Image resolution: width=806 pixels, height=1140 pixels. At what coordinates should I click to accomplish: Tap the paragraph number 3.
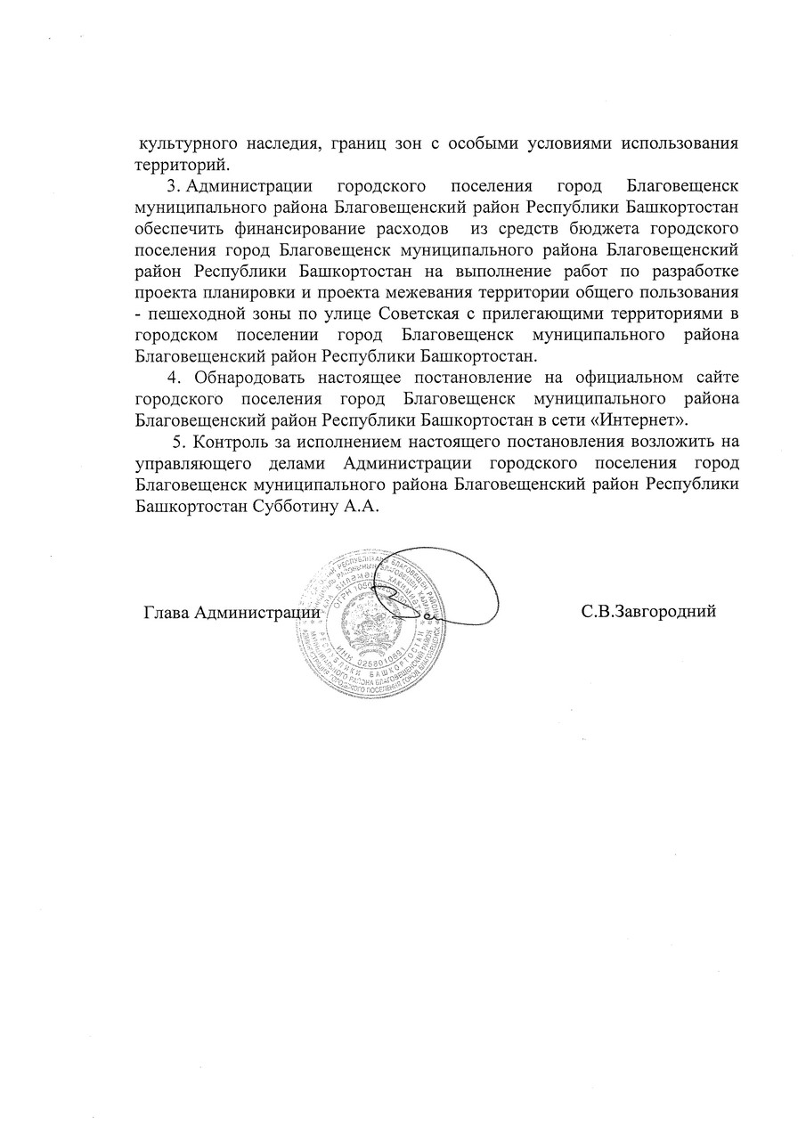tap(174, 187)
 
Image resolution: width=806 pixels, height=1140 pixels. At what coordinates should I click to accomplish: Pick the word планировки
tap(232, 294)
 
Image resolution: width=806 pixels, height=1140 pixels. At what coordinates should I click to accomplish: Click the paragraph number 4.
tap(173, 379)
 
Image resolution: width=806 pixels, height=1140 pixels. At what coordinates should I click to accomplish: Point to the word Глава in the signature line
tap(166, 613)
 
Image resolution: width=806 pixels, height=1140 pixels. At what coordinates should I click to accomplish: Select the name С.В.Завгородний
tap(648, 613)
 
